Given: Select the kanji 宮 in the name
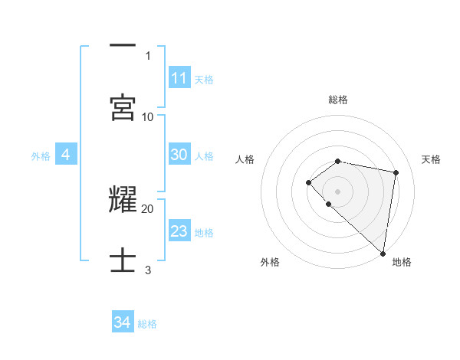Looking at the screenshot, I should (x=123, y=107).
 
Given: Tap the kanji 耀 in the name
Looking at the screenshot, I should (x=123, y=199).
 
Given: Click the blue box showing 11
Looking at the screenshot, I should (x=179, y=78).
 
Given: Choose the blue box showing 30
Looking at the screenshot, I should (x=179, y=155).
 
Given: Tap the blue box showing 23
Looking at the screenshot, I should (x=179, y=231).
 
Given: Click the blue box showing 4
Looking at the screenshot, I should (x=66, y=155).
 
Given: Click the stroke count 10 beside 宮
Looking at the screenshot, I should (x=148, y=116).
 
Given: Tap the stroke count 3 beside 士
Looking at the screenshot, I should (x=148, y=270).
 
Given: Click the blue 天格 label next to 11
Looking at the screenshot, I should (x=204, y=79).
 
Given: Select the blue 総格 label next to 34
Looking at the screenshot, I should (x=147, y=323).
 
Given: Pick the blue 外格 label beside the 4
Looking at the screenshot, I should (x=41, y=155).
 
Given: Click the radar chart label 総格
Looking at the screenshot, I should (x=338, y=100).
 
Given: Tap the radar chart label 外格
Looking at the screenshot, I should (x=270, y=262).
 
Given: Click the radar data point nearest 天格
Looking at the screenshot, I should (x=396, y=172).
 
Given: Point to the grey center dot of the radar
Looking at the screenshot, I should (x=338, y=191).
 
